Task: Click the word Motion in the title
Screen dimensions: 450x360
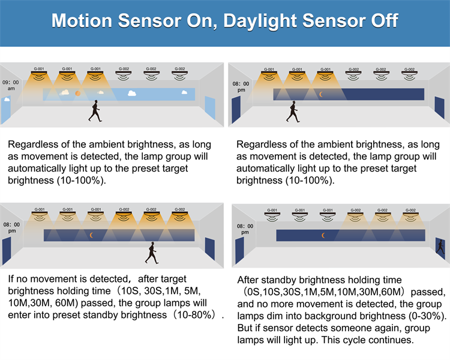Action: point(82,20)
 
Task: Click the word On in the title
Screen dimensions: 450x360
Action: point(202,21)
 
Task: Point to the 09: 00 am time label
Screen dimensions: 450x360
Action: point(11,85)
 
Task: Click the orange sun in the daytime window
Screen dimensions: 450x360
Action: point(78,93)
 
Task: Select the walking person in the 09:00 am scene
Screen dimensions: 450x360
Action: point(95,111)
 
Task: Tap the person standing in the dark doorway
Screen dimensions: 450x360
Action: point(440,247)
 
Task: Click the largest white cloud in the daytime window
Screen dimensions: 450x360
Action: point(132,93)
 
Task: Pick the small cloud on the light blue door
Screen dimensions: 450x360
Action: point(7,100)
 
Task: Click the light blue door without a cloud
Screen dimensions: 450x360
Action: point(210,107)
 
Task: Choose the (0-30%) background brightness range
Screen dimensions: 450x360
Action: point(425,316)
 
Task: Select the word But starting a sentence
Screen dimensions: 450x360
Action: point(245,328)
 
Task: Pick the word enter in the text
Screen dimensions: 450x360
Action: point(20,315)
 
